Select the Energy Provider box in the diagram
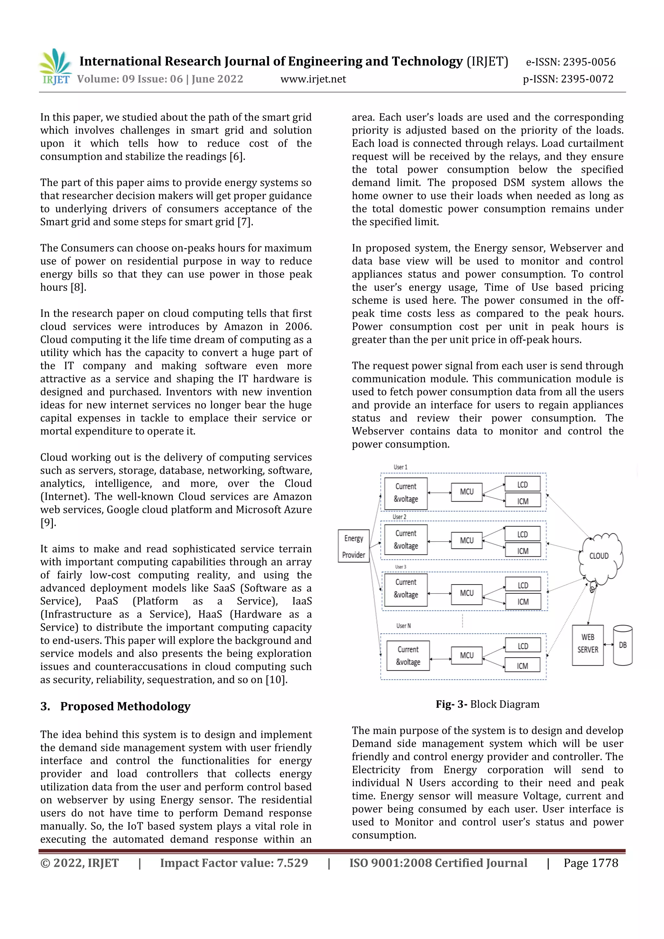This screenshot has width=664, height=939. click(x=354, y=546)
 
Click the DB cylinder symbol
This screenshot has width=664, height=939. click(x=623, y=645)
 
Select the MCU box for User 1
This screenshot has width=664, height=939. click(x=467, y=492)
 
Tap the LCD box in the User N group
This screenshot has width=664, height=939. click(x=523, y=646)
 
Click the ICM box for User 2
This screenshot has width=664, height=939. click(x=523, y=551)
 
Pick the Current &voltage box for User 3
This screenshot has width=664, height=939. click(x=406, y=588)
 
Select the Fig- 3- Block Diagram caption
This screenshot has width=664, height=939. click(x=487, y=704)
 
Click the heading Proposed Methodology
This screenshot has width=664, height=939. click(x=125, y=706)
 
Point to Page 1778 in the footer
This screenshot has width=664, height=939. click(x=590, y=863)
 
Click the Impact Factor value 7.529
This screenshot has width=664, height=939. click(x=292, y=863)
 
